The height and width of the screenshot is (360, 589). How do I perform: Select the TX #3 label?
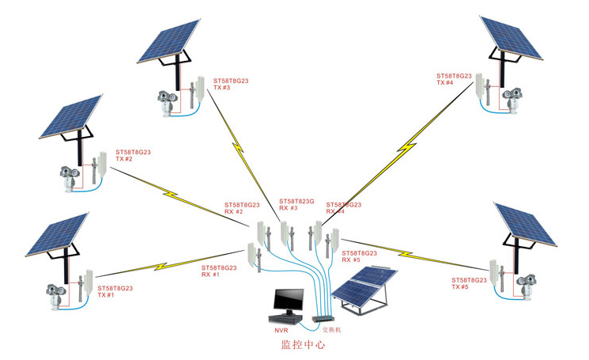(x=222, y=87)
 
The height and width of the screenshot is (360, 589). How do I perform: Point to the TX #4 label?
(x=445, y=83)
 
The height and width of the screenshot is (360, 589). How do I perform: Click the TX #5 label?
(x=461, y=287)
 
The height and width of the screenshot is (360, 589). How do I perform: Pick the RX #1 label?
(x=211, y=275)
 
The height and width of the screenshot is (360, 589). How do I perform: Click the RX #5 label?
(x=352, y=260)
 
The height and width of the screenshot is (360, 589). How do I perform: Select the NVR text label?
(x=281, y=329)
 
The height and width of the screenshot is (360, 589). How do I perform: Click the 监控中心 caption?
(x=303, y=346)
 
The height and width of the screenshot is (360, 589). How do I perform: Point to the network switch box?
(x=326, y=318)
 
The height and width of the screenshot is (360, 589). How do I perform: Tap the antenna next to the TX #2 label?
(x=100, y=167)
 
